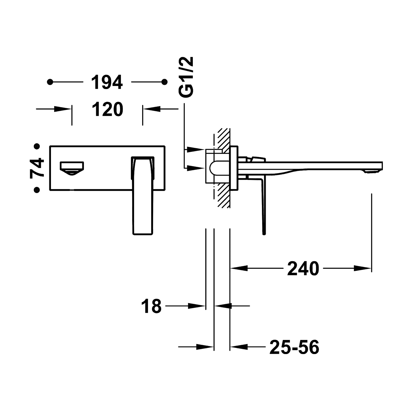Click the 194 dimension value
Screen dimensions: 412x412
107,82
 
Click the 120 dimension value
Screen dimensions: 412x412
108,109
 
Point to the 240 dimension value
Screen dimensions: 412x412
303,268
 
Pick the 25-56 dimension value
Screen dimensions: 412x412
294,347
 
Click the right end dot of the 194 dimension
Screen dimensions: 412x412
164,82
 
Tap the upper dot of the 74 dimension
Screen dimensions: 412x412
37,147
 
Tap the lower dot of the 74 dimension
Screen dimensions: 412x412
37,190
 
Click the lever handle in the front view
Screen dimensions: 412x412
143,196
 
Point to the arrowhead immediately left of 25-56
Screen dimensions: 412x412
238,347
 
